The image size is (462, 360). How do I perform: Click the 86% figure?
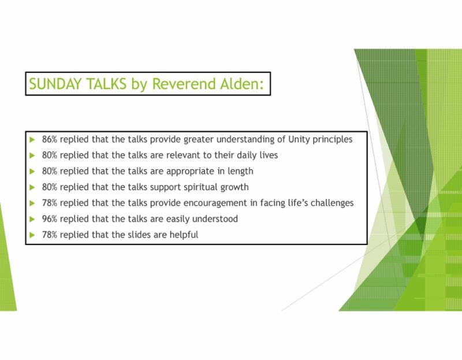tap(50, 139)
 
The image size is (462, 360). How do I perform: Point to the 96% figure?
tap(50, 219)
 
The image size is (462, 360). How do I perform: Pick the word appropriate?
tap(191, 172)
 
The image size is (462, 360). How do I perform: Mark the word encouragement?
tap(215, 203)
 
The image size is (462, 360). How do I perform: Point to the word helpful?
tap(184, 235)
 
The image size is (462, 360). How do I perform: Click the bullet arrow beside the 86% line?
tap(32, 139)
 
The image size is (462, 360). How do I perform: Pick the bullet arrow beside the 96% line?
tap(32, 219)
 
